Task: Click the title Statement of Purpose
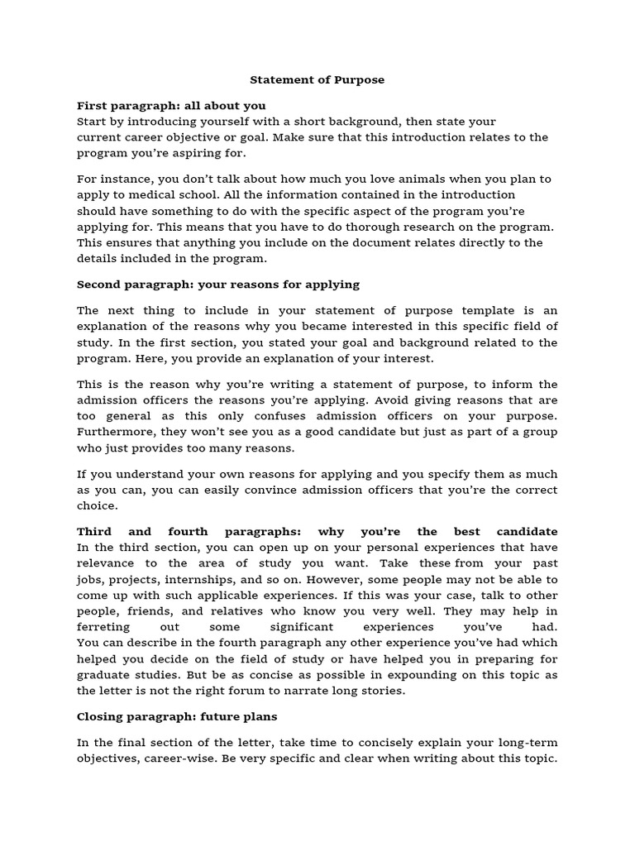point(317,80)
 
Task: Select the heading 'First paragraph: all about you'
point(171,106)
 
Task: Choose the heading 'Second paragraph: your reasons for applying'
point(218,285)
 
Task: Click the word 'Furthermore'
point(115,433)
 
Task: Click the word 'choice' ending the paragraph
point(98,505)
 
